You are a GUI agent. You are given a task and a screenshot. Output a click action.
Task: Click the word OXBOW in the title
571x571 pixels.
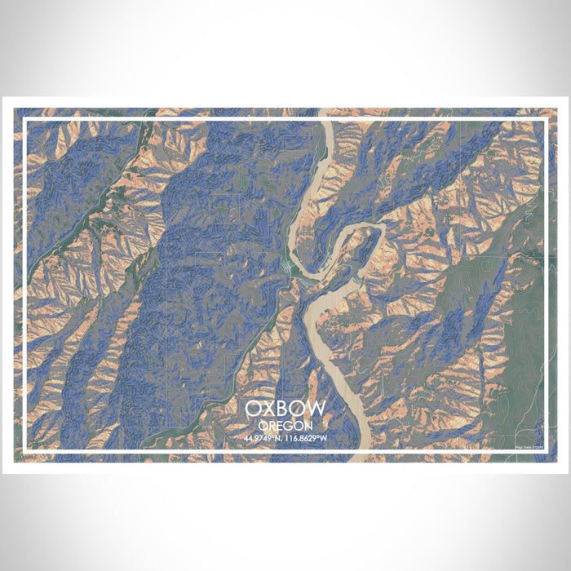coord(285,408)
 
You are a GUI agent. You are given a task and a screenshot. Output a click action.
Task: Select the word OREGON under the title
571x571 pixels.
coord(285,425)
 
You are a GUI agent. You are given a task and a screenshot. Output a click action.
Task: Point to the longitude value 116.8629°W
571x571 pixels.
coord(306,438)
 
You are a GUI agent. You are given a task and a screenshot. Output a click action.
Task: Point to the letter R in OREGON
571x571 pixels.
coord(271,425)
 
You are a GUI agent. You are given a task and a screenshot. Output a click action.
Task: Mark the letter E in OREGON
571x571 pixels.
coord(279,425)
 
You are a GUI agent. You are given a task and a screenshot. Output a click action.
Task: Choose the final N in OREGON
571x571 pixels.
coord(308,425)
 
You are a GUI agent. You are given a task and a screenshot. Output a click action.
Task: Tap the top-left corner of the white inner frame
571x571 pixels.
coord(24,119)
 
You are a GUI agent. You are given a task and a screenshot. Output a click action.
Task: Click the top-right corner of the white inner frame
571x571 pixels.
coord(546,119)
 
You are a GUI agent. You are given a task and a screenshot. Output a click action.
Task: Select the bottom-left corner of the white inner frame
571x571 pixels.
coord(24,451)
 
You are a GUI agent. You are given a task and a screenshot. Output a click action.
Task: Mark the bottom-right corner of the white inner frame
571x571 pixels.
coord(546,451)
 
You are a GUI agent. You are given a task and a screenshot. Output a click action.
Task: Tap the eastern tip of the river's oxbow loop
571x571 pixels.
coord(383,232)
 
